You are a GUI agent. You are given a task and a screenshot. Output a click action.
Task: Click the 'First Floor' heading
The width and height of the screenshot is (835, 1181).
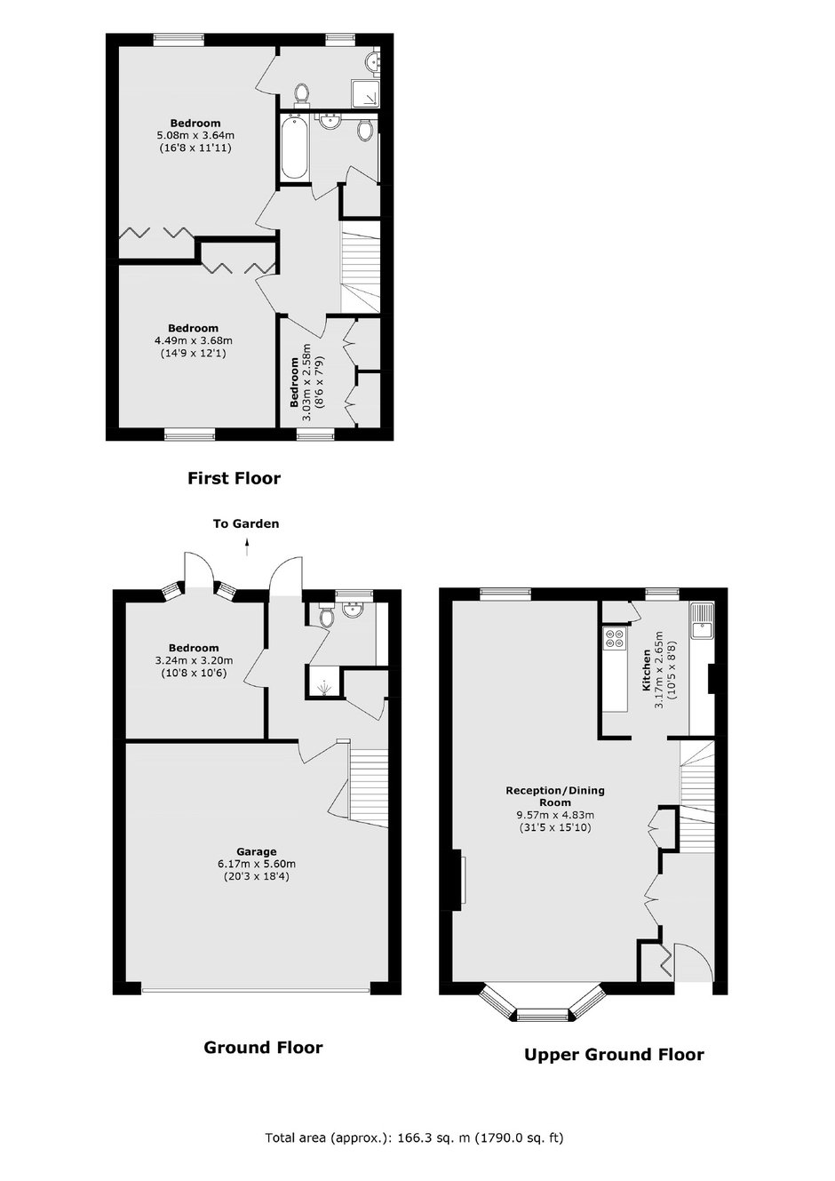pos(234,478)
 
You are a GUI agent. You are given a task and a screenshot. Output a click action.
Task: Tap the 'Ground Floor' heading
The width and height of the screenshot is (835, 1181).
pos(263,1047)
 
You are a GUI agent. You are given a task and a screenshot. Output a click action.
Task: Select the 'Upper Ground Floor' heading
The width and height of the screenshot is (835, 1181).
pos(614,1055)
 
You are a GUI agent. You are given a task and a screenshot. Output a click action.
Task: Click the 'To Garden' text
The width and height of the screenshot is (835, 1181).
pos(246,523)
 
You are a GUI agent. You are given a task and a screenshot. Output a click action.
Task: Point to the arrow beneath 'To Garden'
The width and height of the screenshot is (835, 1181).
pos(247,547)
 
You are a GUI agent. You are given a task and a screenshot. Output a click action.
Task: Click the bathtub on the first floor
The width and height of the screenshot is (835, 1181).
pos(294,149)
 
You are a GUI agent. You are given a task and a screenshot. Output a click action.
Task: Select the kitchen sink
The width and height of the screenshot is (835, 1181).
pos(702,620)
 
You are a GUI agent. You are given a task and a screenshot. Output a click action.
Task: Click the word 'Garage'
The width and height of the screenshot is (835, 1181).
pos(257,851)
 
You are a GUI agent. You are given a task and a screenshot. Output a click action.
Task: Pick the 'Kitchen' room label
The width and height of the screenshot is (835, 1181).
pos(646,670)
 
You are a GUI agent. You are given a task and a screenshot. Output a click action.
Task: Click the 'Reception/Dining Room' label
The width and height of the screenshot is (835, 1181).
pos(555,796)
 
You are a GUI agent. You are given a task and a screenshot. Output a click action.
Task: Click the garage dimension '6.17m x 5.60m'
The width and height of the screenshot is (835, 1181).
pos(257,864)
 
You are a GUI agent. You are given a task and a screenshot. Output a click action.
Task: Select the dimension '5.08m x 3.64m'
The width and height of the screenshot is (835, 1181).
pos(195,135)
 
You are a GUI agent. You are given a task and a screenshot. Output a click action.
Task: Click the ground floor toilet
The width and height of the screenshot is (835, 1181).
pos(326,615)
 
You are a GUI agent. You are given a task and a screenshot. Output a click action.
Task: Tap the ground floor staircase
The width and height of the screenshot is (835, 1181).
pos(369,786)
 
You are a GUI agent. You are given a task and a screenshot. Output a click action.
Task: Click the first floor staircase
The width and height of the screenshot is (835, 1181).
pos(361,267)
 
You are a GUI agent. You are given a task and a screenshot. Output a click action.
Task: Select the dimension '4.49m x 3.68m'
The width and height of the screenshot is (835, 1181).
pos(194,340)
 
